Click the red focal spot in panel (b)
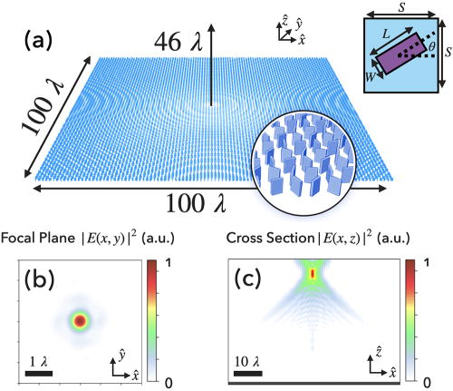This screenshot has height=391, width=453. tap(80, 320)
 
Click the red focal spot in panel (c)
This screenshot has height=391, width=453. tap(313, 273)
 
